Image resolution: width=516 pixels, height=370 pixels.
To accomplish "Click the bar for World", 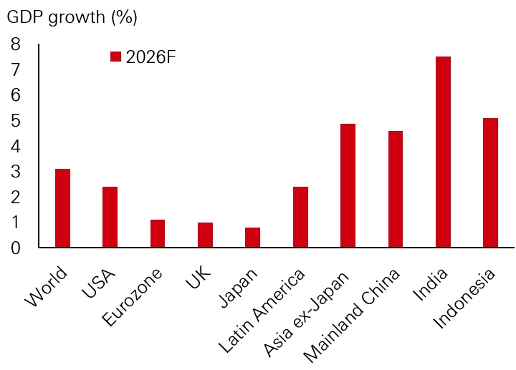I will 62,208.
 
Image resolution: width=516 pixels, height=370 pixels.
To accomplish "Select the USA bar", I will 110,218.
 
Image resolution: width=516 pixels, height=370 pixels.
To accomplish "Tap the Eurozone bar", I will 157,234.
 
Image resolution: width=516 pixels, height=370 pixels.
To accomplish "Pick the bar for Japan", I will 252,238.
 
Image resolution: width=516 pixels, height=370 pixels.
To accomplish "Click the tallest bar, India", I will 443,152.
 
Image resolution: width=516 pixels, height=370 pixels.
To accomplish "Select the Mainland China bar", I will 395,190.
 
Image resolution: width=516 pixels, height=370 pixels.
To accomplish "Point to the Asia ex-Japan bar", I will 348,186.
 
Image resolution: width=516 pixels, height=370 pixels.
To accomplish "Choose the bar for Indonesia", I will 490,183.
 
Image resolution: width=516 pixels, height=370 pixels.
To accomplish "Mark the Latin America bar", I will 300,218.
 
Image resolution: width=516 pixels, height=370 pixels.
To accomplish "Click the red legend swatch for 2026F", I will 115,57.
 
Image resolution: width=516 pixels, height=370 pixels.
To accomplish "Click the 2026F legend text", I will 150,57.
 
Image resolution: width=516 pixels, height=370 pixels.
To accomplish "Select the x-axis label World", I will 46,286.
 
